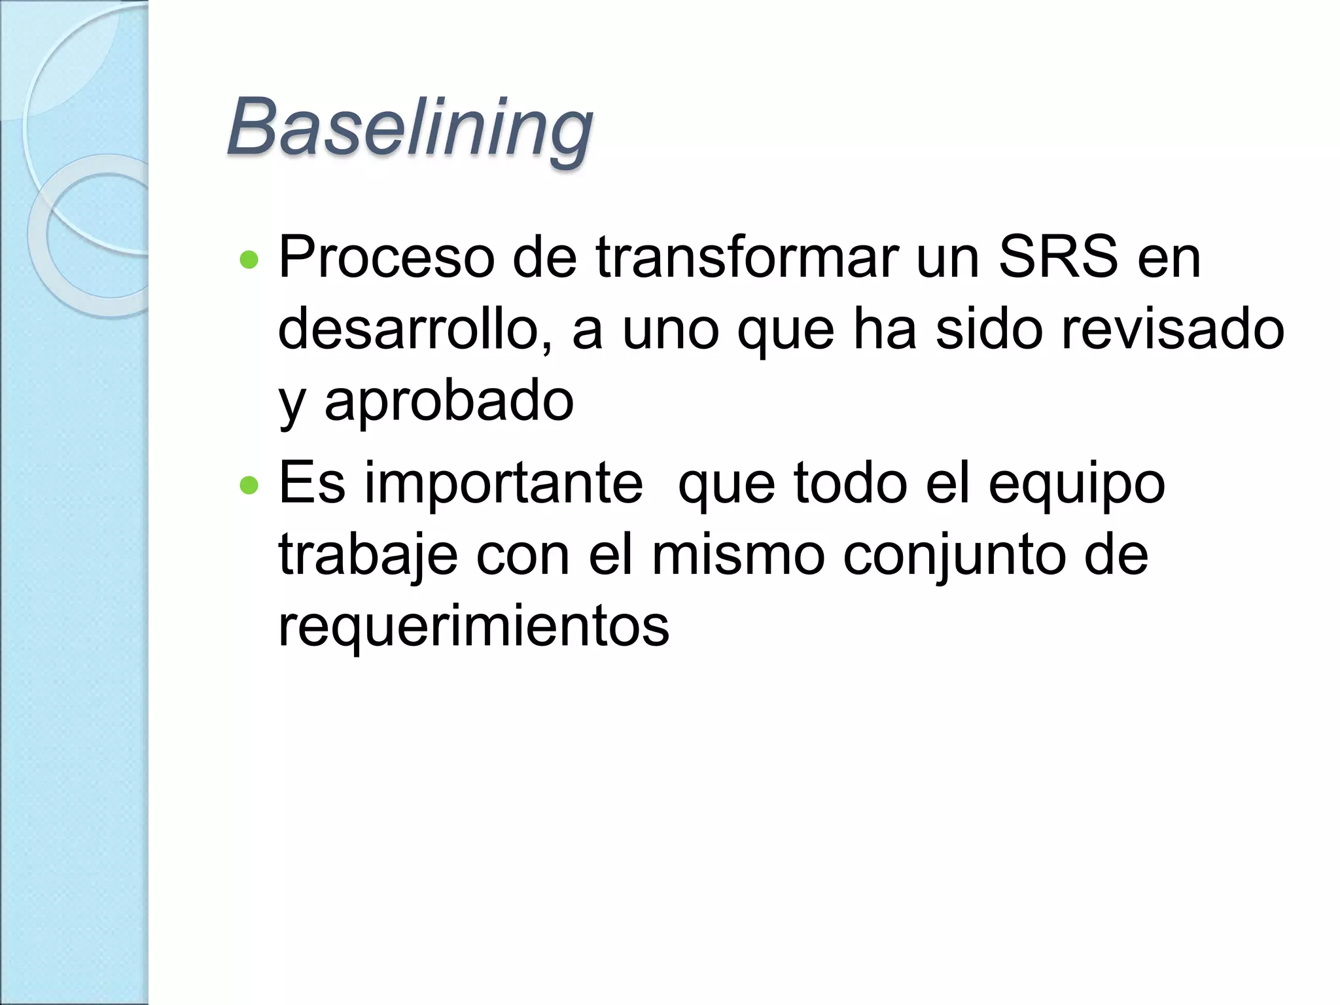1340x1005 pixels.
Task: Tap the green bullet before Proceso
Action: [x=249, y=260]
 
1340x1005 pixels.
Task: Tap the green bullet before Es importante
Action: [x=249, y=485]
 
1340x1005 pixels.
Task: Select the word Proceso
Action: [x=386, y=258]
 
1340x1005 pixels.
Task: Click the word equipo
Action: [x=1076, y=484]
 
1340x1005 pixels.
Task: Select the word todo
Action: [x=851, y=484]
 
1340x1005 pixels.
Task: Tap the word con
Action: [x=523, y=555]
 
